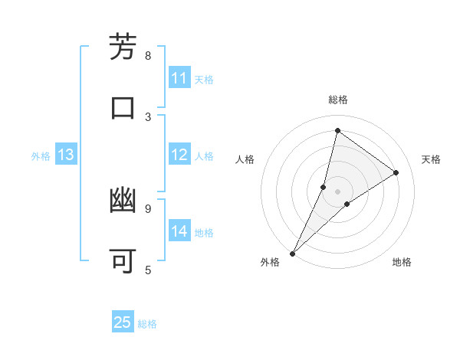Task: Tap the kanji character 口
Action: coord(123,107)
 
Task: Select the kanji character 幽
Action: coord(123,201)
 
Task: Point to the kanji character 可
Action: coord(123,261)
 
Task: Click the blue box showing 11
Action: coord(179,78)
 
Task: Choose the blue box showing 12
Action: coord(179,155)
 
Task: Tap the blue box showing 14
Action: coord(179,231)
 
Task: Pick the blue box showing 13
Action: coord(66,155)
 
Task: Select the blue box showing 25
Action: coord(123,322)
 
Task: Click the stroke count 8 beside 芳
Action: coord(148,55)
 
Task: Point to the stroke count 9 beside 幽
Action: coord(148,208)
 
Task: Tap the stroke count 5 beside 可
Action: coord(148,269)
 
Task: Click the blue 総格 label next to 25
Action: coord(147,324)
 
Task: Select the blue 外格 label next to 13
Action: coord(41,156)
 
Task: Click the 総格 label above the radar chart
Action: coord(338,100)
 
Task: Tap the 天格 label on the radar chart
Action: coord(431,159)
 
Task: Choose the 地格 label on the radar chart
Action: coord(402,262)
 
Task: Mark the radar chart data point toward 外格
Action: coord(292,253)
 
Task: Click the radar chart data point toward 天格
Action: coord(396,172)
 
